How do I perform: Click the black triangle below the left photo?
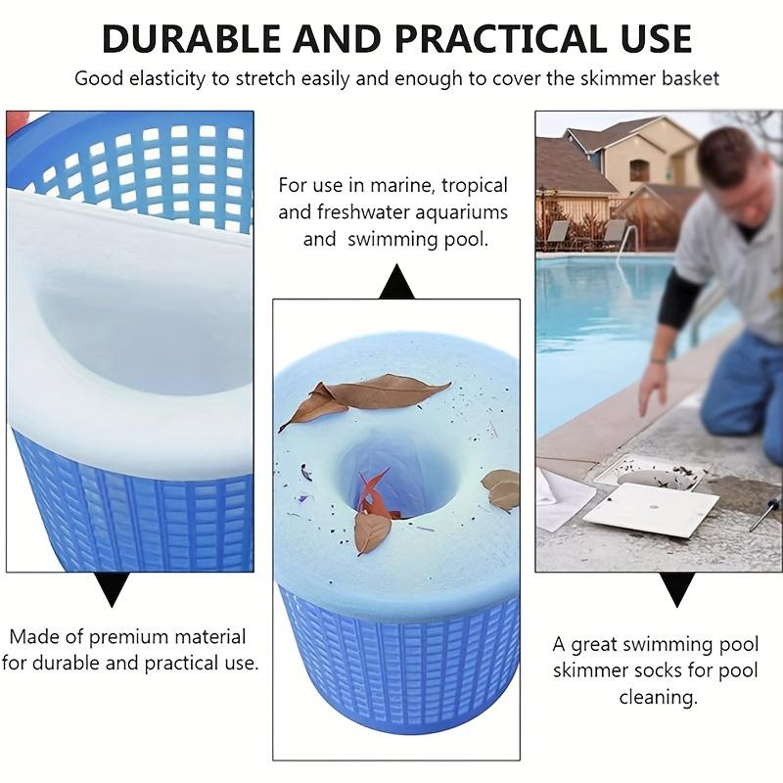tap(114, 588)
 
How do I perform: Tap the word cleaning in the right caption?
tap(658, 698)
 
